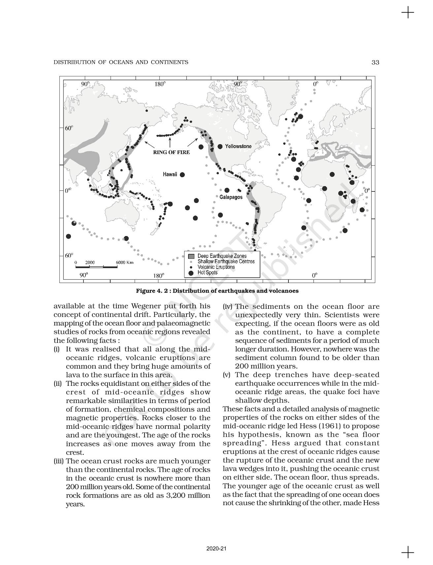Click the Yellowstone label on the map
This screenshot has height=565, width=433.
238,146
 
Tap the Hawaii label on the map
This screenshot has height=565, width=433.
170,175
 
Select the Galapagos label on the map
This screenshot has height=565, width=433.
231,197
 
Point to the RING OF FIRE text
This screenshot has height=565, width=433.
171,152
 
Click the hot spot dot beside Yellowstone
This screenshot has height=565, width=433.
220,146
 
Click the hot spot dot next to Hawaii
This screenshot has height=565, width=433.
182,175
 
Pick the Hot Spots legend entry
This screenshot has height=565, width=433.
207,273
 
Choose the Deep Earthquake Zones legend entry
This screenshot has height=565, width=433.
222,256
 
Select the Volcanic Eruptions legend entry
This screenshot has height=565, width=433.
216,267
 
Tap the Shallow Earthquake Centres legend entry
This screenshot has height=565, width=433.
226,262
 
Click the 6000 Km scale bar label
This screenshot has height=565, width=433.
125,262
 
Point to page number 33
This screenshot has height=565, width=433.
375,62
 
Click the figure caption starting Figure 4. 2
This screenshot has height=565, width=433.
217,291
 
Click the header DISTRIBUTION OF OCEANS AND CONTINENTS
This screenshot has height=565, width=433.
121,62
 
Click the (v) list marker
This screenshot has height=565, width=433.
227,375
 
